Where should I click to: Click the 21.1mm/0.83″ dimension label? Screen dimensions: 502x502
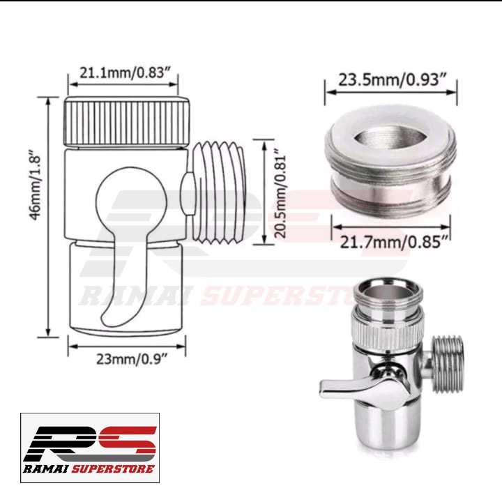pyautogui.click(x=123, y=73)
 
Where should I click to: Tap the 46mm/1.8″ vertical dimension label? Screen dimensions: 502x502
pyautogui.click(x=35, y=184)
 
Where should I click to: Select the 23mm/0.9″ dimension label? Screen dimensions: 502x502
pyautogui.click(x=132, y=359)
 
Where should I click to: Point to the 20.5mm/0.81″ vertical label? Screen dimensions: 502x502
pyautogui.click(x=280, y=192)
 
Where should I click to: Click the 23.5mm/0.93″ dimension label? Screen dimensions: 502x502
pyautogui.click(x=392, y=79)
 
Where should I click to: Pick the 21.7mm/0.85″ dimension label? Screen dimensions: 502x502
pyautogui.click(x=393, y=242)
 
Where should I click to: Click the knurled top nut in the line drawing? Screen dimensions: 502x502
pyautogui.click(x=127, y=122)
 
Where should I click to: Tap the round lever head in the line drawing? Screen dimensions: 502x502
pyautogui.click(x=132, y=199)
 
